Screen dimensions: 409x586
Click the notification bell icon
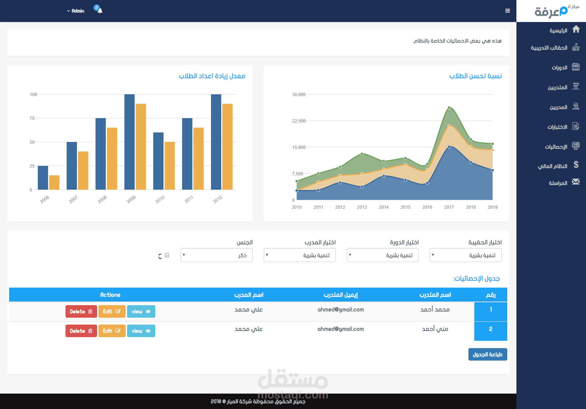coord(100,11)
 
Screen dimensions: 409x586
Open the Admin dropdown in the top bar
coord(76,11)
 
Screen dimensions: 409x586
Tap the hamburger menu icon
coord(508,11)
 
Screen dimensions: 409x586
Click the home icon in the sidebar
coord(576,29)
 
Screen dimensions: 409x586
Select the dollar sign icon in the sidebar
coord(576,165)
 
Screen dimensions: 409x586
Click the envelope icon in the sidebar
coord(576,182)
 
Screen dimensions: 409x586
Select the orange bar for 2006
coord(54,182)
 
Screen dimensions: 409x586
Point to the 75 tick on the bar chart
coord(32,118)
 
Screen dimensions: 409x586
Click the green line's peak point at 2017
coord(449,108)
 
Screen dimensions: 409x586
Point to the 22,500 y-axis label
coord(298,121)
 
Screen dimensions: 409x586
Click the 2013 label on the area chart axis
coord(362,207)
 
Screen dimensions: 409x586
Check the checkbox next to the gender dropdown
coord(167,255)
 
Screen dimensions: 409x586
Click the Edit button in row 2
coord(112,331)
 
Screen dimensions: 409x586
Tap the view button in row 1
coord(141,311)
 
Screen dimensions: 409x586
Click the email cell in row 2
coord(341,329)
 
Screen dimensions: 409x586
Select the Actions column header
coord(110,295)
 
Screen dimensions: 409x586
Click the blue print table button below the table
coord(487,354)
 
